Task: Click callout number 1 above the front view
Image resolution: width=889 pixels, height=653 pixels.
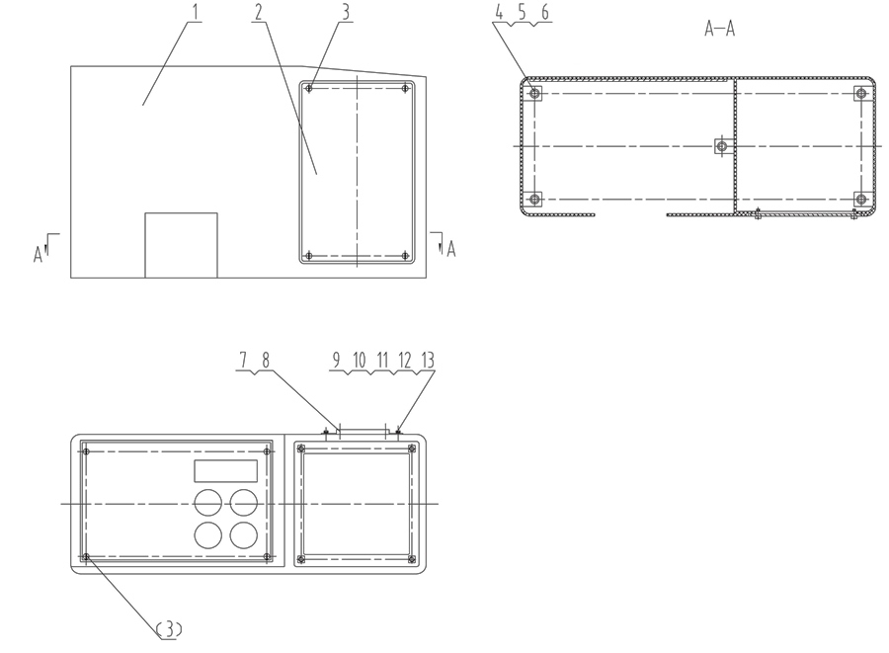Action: point(196,11)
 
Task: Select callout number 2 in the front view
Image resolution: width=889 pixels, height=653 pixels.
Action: point(259,11)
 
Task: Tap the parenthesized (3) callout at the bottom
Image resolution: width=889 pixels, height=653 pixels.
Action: point(169,628)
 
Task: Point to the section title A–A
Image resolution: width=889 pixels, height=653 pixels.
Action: point(719,29)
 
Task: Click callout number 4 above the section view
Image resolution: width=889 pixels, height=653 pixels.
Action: point(499,12)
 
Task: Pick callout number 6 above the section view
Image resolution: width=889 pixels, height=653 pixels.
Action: point(545,12)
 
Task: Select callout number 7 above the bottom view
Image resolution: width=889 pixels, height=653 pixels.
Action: point(243,360)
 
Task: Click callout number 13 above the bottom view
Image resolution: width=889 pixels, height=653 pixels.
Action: point(428,360)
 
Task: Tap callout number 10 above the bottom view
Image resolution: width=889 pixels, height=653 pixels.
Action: point(360,360)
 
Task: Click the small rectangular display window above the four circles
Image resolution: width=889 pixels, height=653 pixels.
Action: point(225,471)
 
